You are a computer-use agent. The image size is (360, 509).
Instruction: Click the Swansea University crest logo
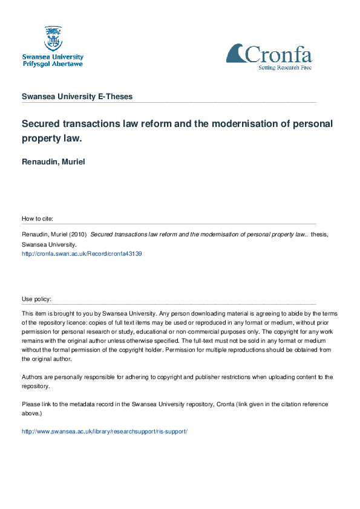[x=52, y=38]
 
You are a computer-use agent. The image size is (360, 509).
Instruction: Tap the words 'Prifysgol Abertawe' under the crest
[x=53, y=63]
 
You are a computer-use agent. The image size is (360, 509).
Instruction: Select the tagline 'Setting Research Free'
[x=286, y=68]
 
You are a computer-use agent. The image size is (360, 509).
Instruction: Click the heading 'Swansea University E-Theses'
[x=77, y=97]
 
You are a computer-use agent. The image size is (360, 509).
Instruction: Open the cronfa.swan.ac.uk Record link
[x=82, y=254]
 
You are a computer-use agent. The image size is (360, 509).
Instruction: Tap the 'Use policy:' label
[x=36, y=299]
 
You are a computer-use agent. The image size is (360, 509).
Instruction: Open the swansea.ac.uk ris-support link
[x=105, y=432]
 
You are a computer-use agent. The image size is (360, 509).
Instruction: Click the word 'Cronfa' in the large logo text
[x=278, y=56]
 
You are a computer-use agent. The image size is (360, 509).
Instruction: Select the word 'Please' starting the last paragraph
[x=31, y=404]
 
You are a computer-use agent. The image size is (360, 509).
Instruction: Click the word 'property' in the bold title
[x=44, y=139]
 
